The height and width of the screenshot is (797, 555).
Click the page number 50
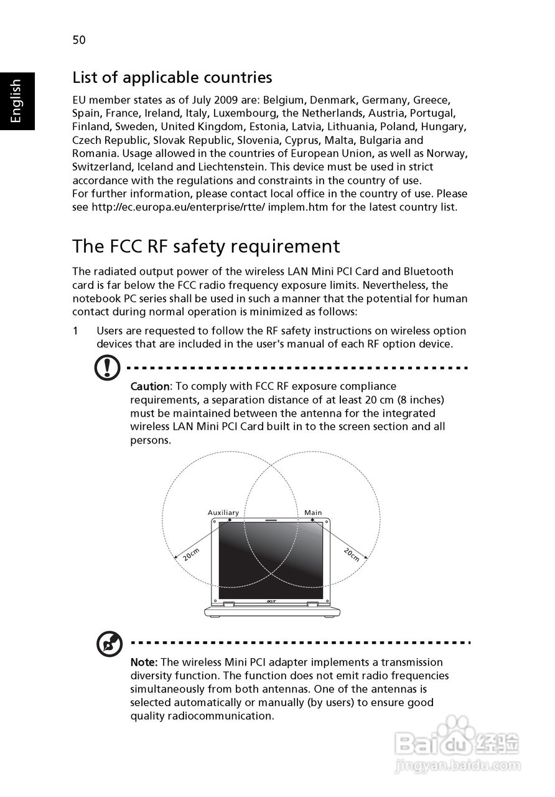pos(79,40)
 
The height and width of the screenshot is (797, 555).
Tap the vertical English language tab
pos(16,101)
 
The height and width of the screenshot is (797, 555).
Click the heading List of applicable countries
pos(172,77)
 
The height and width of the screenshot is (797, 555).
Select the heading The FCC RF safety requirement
pos(206,246)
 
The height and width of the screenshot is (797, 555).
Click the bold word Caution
pos(149,387)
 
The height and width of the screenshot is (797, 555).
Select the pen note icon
pos(109,644)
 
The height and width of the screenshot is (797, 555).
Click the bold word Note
pos(144,663)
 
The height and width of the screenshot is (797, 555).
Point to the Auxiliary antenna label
pos(223,513)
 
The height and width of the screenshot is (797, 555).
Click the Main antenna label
pos(313,513)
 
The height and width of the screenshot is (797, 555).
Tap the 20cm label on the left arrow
pos(191,554)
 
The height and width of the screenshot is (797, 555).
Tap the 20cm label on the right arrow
pos(351,554)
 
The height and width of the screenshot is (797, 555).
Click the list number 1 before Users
pos(75,331)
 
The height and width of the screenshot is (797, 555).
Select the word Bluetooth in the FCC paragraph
pos(428,271)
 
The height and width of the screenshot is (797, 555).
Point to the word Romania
pos(95,153)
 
